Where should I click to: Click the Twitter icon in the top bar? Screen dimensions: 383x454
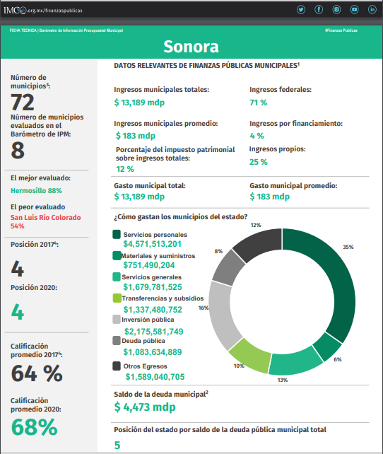301,10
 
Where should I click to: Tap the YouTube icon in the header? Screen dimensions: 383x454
354,10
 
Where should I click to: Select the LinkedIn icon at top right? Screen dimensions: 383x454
372,10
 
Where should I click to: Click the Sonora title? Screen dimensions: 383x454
191,47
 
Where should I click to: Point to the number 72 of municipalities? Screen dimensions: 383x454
23,103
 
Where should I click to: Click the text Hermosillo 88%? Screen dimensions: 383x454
36,190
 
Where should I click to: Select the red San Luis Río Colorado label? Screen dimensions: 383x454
46,217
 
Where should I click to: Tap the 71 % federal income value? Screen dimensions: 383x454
259,103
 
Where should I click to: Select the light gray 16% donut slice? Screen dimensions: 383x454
222,314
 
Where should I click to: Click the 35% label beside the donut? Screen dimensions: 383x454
348,247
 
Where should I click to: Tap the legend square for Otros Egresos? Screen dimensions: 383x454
117,366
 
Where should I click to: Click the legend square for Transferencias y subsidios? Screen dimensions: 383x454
117,298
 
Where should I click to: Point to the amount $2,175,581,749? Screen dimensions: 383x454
153,332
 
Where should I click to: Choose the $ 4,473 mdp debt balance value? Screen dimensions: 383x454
145,407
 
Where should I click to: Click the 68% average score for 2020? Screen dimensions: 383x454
34,427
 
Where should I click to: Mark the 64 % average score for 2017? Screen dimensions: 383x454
37,373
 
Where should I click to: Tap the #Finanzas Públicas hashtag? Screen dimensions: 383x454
341,30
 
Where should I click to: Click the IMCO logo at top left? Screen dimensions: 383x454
15,10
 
